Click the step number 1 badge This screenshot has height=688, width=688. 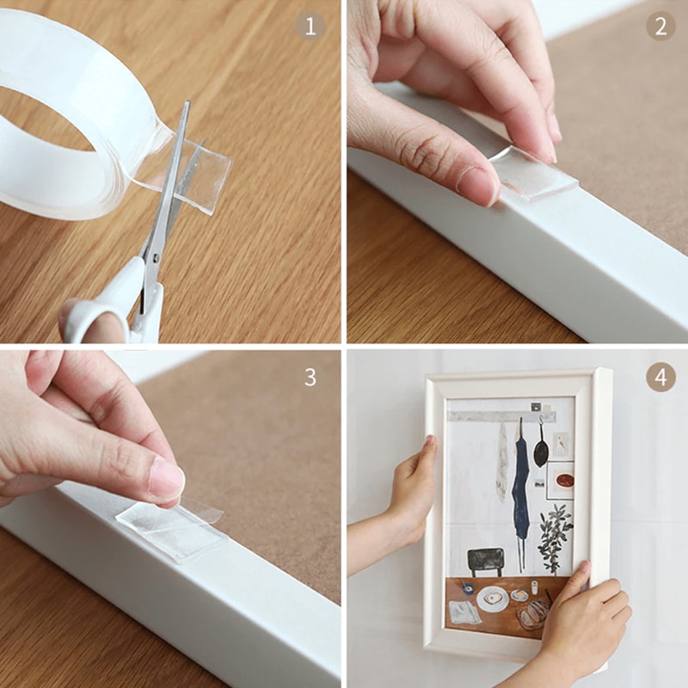310,26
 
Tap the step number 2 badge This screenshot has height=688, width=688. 660,26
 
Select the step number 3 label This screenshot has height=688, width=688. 310,377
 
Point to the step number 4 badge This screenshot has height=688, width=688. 660,377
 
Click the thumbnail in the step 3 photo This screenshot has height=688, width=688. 166,482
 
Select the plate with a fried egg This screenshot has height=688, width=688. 493,599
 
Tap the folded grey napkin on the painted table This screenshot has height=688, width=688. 464,612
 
